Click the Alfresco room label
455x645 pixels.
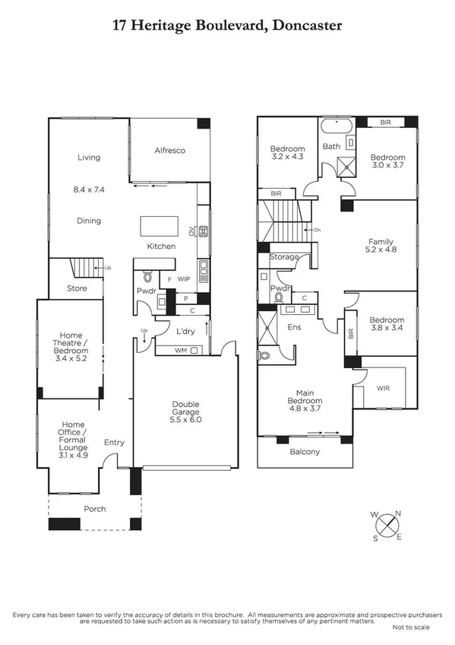point(170,151)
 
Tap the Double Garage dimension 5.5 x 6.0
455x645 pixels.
point(185,420)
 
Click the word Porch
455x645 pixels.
point(95,509)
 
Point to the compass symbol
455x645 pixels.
point(388,526)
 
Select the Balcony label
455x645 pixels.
point(305,452)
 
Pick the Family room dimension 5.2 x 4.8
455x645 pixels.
point(381,249)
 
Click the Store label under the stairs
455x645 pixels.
point(77,288)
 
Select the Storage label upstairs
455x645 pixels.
point(285,258)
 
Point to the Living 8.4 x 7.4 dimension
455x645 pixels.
point(89,189)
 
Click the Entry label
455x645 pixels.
point(114,443)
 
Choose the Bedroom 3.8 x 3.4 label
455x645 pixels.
point(387,326)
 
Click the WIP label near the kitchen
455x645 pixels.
point(183,280)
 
